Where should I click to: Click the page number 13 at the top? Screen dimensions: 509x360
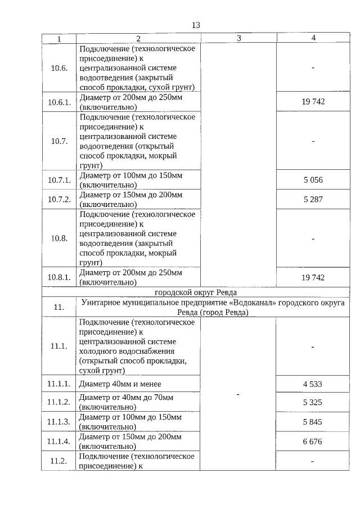pos(196,25)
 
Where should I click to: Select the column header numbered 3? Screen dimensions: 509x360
pos(238,38)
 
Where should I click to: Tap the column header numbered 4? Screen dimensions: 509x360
pos(313,38)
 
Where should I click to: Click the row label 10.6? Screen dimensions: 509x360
pos(58,68)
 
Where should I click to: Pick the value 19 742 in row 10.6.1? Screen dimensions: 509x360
pos(313,101)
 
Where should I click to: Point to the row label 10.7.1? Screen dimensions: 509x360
pos(58,181)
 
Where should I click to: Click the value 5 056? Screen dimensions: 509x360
pos(313,181)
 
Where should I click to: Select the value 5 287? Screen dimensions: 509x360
pos(313,199)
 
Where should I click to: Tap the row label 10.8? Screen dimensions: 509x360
pos(58,238)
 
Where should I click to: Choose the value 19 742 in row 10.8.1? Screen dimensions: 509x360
pos(313,277)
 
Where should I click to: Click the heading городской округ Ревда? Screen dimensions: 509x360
pos(196,292)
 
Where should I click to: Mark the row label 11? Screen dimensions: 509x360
pos(58,307)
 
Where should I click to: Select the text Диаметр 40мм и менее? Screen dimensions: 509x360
pos(120,384)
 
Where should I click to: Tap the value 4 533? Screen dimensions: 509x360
pos(313,384)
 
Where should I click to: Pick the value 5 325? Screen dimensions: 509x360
pos(313,402)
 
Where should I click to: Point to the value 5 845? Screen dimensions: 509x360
pos(313,422)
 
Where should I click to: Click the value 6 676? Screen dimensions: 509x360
pos(313,442)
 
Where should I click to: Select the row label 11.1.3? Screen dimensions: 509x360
pos(58,422)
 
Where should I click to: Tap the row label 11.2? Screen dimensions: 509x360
pos(58,461)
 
